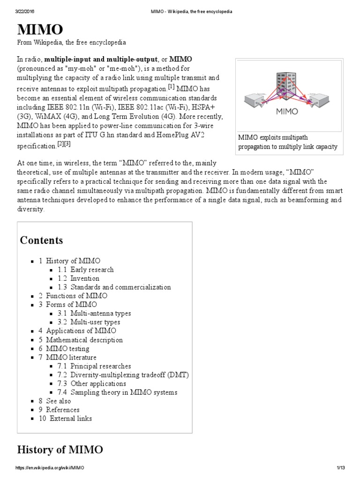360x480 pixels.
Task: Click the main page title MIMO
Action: tap(40, 30)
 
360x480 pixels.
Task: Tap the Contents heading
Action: tap(41, 240)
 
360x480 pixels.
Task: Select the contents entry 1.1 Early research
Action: tap(86, 270)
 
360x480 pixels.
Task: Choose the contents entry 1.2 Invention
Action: tap(79, 278)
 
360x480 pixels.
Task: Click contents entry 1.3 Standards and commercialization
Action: tap(114, 287)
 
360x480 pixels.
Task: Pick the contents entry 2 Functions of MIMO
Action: tap(73, 296)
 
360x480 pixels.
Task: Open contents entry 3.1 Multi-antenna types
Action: tap(95, 313)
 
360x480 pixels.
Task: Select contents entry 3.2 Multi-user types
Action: tap(89, 322)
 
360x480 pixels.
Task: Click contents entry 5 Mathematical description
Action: tap(81, 340)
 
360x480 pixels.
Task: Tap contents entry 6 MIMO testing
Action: tap(64, 349)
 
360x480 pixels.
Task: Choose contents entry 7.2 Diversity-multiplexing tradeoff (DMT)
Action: tap(123, 375)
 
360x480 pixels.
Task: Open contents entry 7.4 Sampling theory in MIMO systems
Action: tap(118, 392)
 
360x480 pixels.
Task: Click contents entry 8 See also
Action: tap(55, 401)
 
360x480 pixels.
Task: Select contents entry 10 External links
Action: tap(65, 419)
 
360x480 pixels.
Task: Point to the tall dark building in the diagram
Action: tap(283, 85)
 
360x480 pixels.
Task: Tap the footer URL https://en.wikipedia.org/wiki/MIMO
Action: tap(50, 468)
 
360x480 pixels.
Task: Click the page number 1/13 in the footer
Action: tap(340, 468)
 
